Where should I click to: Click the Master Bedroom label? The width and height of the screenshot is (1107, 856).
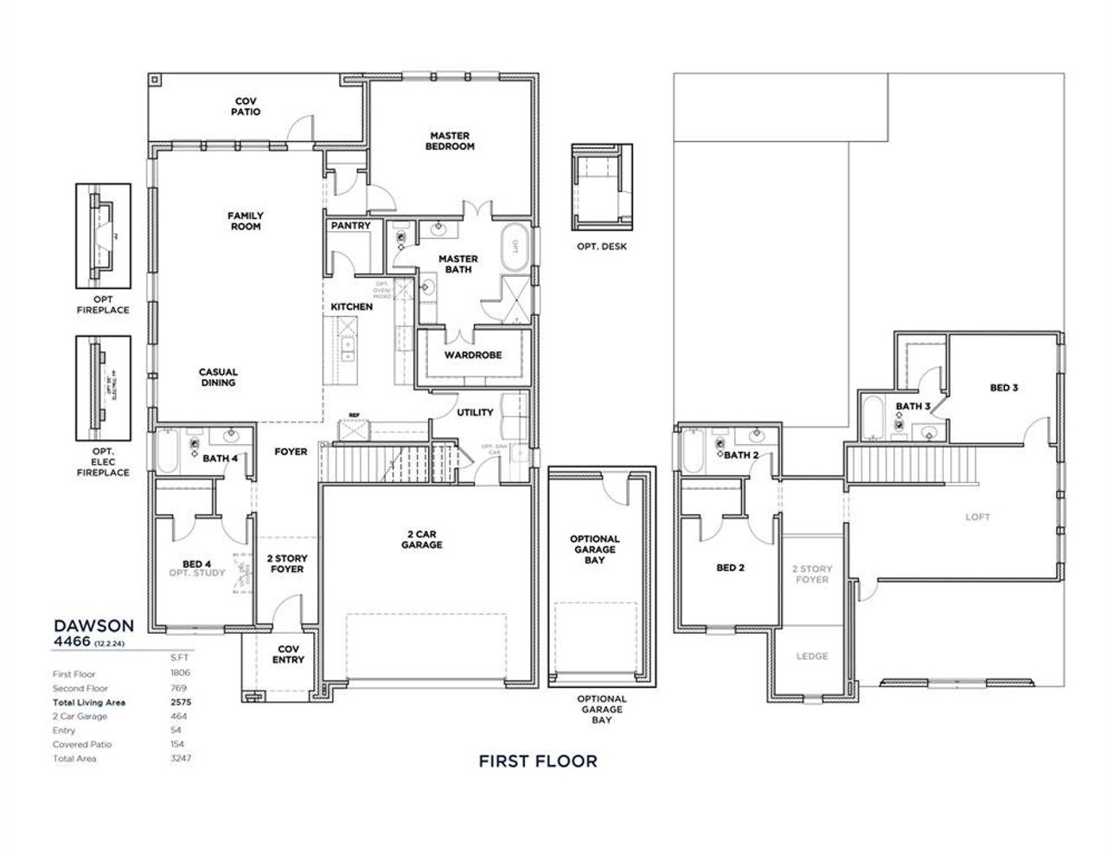[x=450, y=141]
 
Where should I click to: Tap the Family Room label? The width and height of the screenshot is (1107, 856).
[x=246, y=221]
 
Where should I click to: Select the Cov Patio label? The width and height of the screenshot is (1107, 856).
[x=246, y=106]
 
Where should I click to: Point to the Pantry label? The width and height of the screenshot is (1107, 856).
[x=350, y=226]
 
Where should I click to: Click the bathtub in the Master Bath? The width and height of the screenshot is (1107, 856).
[x=515, y=244]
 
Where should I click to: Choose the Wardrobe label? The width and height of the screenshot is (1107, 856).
[x=473, y=355]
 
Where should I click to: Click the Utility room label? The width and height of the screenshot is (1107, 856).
[x=475, y=412]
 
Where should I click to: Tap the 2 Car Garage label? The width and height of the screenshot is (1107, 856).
[x=421, y=539]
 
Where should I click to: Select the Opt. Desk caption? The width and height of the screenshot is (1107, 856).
[x=602, y=247]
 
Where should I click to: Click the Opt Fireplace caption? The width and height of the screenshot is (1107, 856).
[x=103, y=305]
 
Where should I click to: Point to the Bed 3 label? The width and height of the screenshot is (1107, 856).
[x=1003, y=388]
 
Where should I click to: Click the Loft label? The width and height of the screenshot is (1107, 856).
[x=977, y=518]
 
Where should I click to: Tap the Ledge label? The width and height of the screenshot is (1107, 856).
[x=811, y=656]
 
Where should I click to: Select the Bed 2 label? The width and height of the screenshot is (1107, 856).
[x=730, y=568]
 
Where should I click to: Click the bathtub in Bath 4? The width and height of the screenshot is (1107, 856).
[x=168, y=450]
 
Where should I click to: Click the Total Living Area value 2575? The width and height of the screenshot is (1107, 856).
[x=181, y=702]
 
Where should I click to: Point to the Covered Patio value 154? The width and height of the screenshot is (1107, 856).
[x=177, y=744]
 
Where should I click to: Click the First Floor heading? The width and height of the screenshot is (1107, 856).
[x=538, y=762]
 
